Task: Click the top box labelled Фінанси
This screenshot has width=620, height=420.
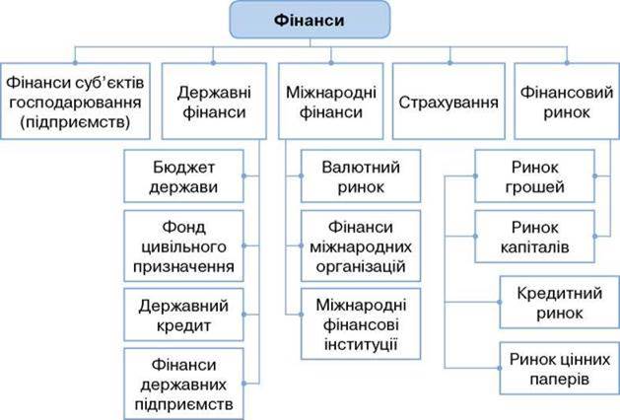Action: (x=310, y=20)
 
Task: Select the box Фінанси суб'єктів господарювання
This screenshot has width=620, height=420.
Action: (x=75, y=102)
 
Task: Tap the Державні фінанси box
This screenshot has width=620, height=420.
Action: (x=214, y=102)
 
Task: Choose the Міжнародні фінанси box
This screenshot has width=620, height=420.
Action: (x=331, y=102)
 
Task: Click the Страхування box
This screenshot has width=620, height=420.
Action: (x=448, y=102)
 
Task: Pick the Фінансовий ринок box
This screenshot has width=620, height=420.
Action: (x=567, y=102)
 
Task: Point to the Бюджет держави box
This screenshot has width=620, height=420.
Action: (x=184, y=176)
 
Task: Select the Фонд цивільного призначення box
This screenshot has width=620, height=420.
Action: (x=184, y=246)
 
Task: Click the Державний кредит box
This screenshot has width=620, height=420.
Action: (x=184, y=315)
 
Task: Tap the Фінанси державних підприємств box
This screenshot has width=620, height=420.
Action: (x=184, y=384)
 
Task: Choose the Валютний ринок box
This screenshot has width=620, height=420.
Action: (x=361, y=176)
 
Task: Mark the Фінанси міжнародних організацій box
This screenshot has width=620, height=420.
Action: (x=361, y=246)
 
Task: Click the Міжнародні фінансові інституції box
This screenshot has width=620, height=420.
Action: (x=361, y=324)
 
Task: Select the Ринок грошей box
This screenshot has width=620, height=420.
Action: (x=534, y=176)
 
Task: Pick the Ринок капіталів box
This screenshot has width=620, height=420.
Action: (x=534, y=237)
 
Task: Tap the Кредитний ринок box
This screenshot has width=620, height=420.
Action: (x=560, y=302)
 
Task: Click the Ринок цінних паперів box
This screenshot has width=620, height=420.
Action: (x=560, y=368)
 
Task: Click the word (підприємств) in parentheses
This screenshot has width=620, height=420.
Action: (x=75, y=122)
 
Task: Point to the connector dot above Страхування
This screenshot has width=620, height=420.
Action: (x=449, y=63)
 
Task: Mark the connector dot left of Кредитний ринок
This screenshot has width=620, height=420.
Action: (x=500, y=302)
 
